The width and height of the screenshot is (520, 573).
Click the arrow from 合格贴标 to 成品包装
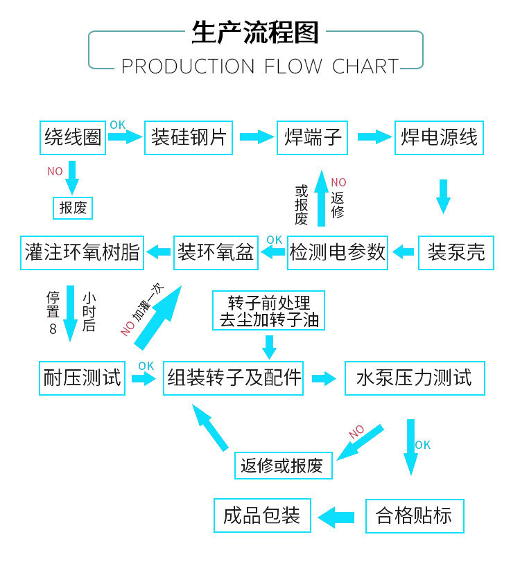click(x=336, y=518)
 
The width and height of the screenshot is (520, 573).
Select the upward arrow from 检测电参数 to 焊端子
click(x=322, y=198)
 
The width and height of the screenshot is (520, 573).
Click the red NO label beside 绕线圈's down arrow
click(x=55, y=171)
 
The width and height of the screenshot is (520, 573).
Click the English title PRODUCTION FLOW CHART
click(x=260, y=67)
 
